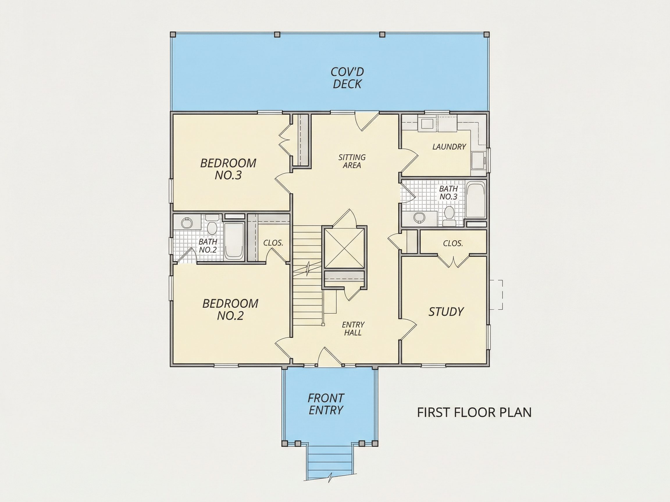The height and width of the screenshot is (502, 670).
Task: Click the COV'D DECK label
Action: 347,78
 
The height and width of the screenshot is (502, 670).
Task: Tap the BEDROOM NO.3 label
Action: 228,169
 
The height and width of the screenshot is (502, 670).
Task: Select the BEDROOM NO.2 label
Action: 230,310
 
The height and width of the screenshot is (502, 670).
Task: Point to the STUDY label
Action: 446,312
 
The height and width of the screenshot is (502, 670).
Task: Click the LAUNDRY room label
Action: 449,147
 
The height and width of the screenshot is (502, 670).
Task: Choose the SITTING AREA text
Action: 352,161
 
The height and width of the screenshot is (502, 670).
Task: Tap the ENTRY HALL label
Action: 353,329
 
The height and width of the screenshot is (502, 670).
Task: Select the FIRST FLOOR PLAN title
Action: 474,413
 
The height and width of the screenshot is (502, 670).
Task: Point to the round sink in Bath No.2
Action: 187,223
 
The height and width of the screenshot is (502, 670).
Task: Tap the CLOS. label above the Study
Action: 453,243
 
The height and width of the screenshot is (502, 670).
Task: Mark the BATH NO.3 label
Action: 448,193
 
